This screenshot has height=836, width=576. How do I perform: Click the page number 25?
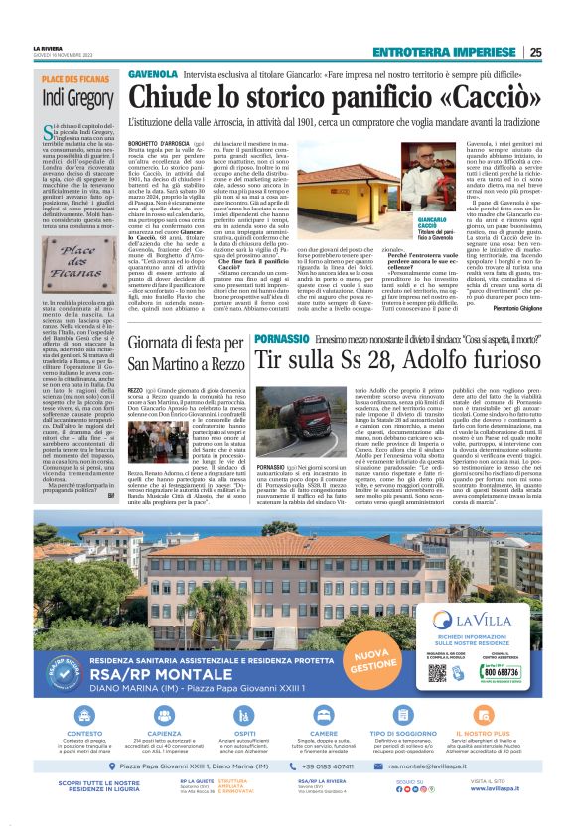click(x=563, y=53)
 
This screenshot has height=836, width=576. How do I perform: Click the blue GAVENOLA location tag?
click(x=153, y=75)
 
